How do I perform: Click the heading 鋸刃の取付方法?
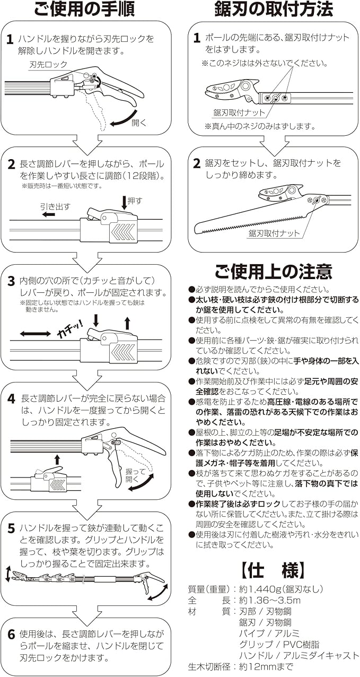pyautogui.click(x=274, y=10)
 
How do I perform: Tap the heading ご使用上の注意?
pyautogui.click(x=274, y=272)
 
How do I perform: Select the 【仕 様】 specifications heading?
pyautogui.click(x=274, y=570)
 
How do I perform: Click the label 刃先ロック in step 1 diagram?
pyautogui.click(x=48, y=65)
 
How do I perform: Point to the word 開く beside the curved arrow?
pyautogui.click(x=138, y=123)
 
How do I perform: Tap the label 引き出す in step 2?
pyautogui.click(x=55, y=206)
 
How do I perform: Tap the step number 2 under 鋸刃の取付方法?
pyautogui.click(x=197, y=164)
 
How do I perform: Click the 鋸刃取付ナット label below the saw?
pyautogui.click(x=274, y=233)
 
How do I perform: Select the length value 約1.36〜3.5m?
pyautogui.click(x=269, y=601)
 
